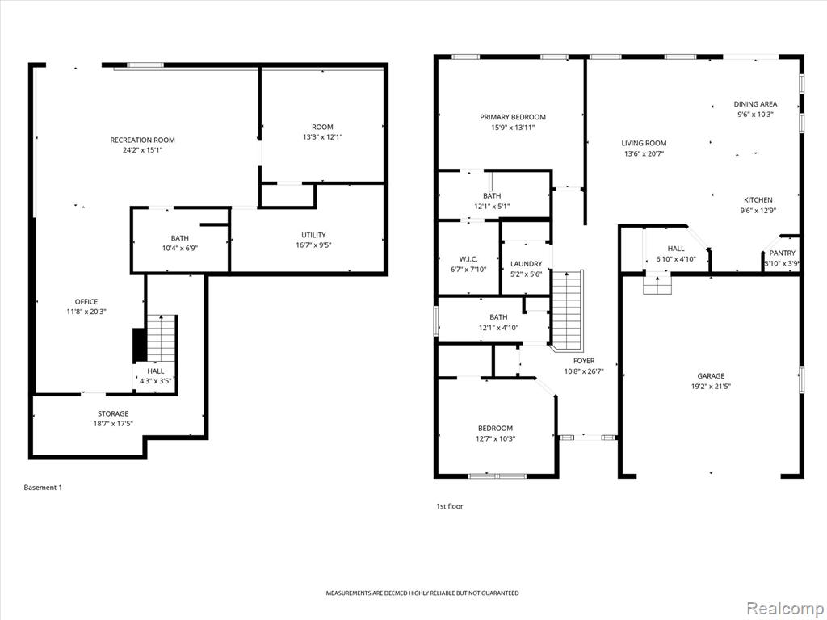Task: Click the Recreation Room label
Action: [142, 140]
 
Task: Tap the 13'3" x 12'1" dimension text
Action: [322, 137]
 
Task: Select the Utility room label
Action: [313, 235]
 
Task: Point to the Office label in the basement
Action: [86, 302]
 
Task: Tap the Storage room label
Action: [113, 413]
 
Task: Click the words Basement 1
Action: [43, 488]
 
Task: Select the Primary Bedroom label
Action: [513, 117]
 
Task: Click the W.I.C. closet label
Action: [468, 259]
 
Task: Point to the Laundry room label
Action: [526, 264]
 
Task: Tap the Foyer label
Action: [584, 361]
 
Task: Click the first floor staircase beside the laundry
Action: [567, 310]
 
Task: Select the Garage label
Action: [711, 376]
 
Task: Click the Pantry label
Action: [782, 253]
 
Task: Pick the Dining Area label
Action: [755, 104]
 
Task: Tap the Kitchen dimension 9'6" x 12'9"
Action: [758, 211]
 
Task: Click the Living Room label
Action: [644, 143]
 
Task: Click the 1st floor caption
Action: [449, 506]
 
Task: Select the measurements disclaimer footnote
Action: [422, 593]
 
